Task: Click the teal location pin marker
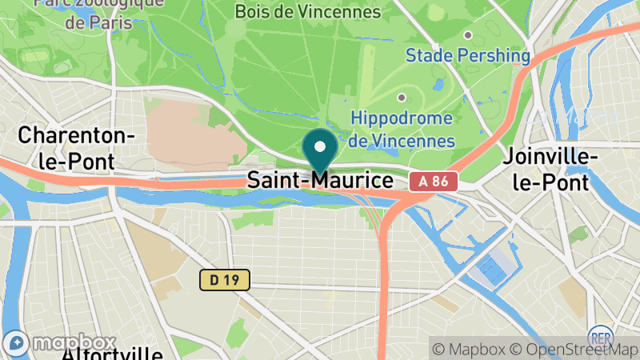320,152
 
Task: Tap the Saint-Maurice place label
320,179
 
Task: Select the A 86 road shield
434,182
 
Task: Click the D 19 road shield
225,280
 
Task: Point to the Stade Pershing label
468,55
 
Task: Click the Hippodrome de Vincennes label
402,129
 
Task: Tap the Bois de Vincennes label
308,12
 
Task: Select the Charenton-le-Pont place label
77,147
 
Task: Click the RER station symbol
600,336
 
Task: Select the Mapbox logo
59,344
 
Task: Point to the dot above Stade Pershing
468,34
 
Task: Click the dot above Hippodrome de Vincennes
402,98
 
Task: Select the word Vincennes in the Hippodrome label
414,141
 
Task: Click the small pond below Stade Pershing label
438,83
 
